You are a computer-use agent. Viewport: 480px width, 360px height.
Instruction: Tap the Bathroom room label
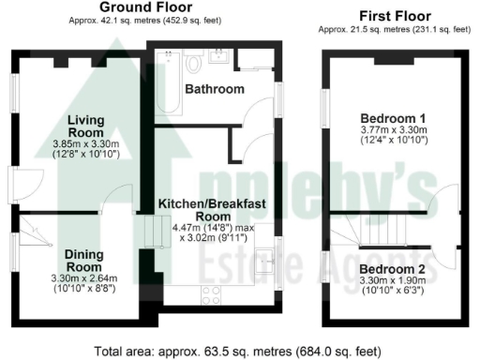(x=215, y=90)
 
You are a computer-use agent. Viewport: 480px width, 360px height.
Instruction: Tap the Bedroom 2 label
(x=393, y=270)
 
